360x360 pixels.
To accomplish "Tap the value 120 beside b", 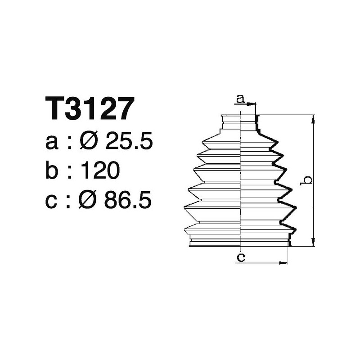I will pyautogui.click(x=100, y=171).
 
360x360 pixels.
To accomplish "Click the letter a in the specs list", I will pyautogui.click(x=52, y=143).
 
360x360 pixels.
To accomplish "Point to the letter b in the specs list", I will pyautogui.click(x=52, y=171).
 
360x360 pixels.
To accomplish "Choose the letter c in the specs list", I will pyautogui.click(x=52, y=201).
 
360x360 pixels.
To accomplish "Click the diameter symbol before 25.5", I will pyautogui.click(x=89, y=142).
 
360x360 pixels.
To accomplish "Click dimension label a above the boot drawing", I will pyautogui.click(x=240, y=99).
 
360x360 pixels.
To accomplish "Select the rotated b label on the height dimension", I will pyautogui.click(x=308, y=180).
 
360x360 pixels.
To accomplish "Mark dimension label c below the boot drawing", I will pyautogui.click(x=241, y=257).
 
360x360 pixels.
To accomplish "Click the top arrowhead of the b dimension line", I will pyautogui.click(x=313, y=118).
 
